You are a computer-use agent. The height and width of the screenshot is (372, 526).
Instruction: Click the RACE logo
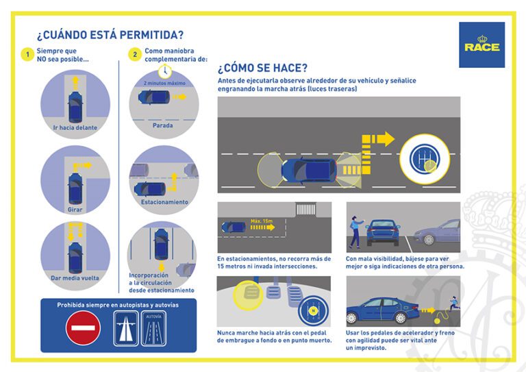pyautogui.click(x=481, y=45)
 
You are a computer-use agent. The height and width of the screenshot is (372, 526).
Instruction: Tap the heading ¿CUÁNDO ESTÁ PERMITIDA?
pyautogui.click(x=110, y=35)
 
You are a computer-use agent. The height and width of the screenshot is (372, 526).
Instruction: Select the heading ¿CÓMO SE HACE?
pyautogui.click(x=262, y=68)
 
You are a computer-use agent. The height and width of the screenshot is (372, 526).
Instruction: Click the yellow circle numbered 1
pyautogui.click(x=27, y=55)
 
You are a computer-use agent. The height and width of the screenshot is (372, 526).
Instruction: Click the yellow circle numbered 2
pyautogui.click(x=135, y=55)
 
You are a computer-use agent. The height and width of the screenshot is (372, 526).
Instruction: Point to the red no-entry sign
pyautogui.click(x=83, y=327)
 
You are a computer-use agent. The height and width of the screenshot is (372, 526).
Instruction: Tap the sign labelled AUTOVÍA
pyautogui.click(x=153, y=327)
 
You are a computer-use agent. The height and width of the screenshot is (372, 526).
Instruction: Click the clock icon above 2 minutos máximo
pyautogui.click(x=164, y=71)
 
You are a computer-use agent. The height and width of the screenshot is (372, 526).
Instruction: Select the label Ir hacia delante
pyautogui.click(x=75, y=127)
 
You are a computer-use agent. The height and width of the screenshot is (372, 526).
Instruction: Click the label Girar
pyautogui.click(x=75, y=208)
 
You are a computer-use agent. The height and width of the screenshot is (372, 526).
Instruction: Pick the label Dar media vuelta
pyautogui.click(x=75, y=278)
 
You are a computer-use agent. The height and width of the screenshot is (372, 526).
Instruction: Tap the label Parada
pyautogui.click(x=163, y=125)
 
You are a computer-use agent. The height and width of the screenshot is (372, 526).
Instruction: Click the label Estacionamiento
pyautogui.click(x=164, y=202)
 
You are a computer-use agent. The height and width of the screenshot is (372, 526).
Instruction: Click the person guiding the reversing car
pyautogui.click(x=355, y=231)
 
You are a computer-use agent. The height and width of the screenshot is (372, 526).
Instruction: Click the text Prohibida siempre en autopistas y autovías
pyautogui.click(x=118, y=305)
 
